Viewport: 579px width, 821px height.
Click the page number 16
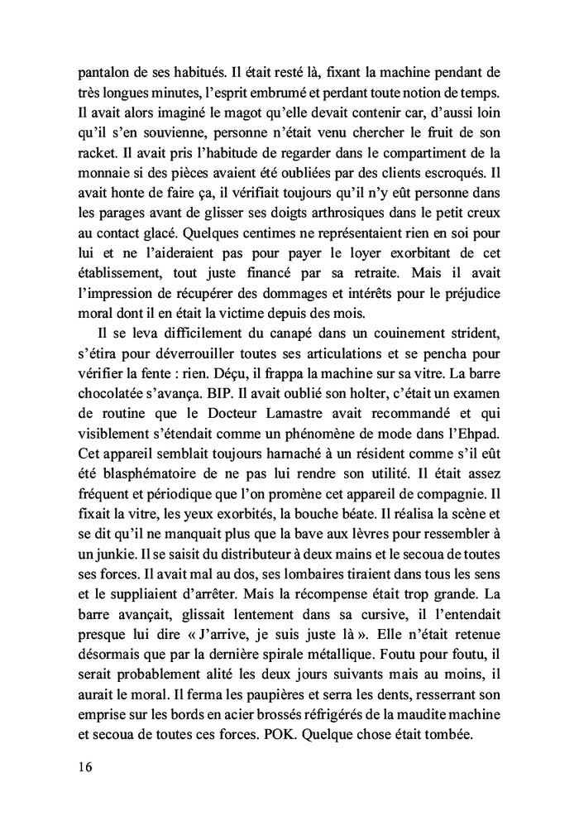tap(82, 766)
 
